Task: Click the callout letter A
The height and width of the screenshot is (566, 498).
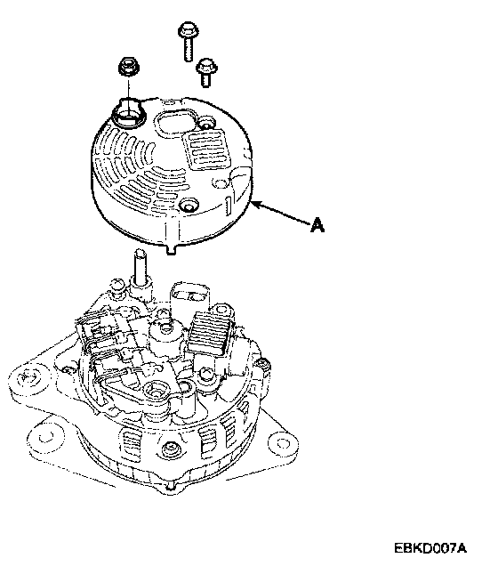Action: (317, 224)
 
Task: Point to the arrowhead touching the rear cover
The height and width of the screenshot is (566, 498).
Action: (255, 205)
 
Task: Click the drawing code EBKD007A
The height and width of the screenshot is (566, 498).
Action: (430, 547)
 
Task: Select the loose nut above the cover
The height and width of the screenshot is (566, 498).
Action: (129, 67)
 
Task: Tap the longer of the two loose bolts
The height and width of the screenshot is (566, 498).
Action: (188, 41)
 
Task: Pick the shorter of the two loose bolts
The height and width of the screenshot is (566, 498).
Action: (206, 72)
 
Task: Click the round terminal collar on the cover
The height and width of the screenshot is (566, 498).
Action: (129, 114)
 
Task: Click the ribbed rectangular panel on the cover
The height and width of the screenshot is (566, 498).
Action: (206, 150)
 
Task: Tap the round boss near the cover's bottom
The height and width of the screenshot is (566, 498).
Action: (189, 205)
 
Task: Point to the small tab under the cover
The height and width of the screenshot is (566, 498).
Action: (172, 249)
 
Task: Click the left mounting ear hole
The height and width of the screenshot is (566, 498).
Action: (28, 378)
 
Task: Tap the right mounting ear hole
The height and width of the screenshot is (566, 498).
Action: (283, 442)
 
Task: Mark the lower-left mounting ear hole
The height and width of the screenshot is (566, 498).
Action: (46, 437)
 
